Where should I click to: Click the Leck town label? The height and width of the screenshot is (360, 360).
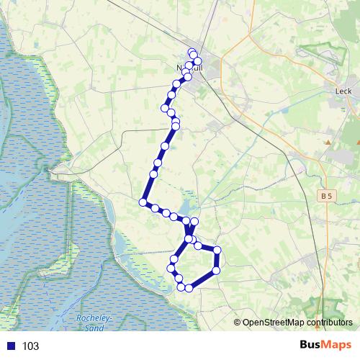click(343, 91)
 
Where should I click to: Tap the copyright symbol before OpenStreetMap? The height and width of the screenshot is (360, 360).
click(237, 323)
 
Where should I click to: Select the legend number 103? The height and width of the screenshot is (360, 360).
click(30, 346)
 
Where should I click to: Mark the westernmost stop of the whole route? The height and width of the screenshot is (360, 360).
click(143, 202)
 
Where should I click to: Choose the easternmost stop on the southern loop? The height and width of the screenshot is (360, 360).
click(216, 251)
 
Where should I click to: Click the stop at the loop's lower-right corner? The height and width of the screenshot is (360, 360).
click(216, 271)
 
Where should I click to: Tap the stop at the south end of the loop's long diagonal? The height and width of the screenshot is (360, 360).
click(189, 288)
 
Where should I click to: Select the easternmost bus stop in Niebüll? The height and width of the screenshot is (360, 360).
click(198, 62)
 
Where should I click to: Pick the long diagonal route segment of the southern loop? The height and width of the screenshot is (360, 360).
click(202, 279)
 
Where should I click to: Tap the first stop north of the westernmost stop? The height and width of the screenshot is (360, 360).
click(153, 174)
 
